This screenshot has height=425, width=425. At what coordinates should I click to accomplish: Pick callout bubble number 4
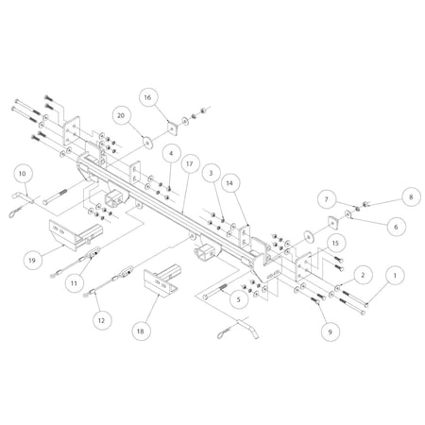point(171,151)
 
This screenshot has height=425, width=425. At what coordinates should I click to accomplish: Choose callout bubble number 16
point(148,97)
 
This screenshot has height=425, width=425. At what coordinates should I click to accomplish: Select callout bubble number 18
point(141,331)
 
